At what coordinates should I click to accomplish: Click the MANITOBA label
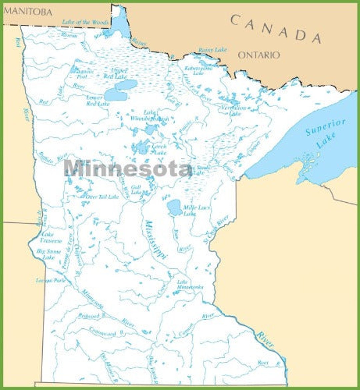point(28,12)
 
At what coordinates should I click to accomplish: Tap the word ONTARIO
point(259,55)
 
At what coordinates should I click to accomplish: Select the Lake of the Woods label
point(85,22)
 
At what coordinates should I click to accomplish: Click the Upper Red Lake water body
point(126,85)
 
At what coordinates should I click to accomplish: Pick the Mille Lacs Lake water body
point(174,207)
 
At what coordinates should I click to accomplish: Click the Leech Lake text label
point(159,150)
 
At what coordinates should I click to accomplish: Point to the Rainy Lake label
point(212,50)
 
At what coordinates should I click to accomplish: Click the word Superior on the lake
point(325,127)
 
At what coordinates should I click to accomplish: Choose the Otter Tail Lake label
point(102,197)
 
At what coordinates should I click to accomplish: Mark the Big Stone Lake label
point(49,254)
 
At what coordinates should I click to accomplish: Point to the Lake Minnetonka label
point(190,284)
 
